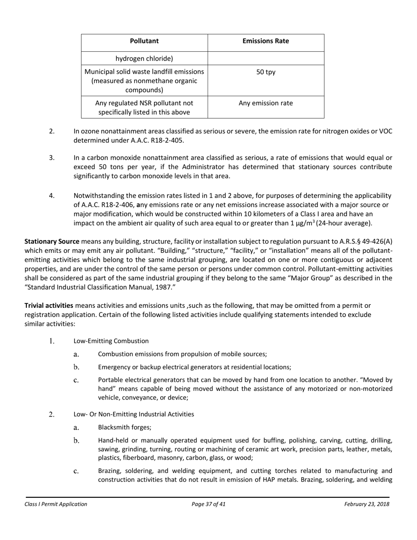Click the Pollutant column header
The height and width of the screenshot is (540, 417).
[x=144, y=41]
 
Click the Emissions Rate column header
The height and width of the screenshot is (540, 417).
[x=266, y=41]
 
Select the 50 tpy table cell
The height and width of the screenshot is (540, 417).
[x=266, y=72]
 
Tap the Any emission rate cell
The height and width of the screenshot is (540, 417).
[x=266, y=104]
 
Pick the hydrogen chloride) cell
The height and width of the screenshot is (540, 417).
[x=144, y=58]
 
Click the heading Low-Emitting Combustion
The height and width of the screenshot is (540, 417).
[x=111, y=341]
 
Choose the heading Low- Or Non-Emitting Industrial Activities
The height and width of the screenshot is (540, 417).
[x=133, y=414]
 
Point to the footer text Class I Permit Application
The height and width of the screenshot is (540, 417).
[x=56, y=504]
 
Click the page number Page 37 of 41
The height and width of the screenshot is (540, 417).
[x=208, y=504]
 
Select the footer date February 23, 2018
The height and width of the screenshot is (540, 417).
[x=367, y=504]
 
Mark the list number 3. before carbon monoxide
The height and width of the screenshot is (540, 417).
[x=52, y=158]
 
